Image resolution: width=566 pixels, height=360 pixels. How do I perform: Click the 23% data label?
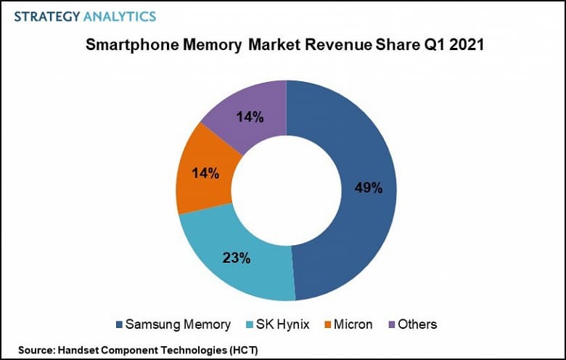click(x=237, y=257)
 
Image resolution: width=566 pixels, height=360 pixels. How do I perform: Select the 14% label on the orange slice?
click(x=205, y=174)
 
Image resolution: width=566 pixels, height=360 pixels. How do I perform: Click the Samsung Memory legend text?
click(x=178, y=324)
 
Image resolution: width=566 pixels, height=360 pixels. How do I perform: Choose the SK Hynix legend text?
click(x=284, y=324)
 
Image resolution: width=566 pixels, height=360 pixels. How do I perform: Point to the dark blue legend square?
click(x=118, y=324)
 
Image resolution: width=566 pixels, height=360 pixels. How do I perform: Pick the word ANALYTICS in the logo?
click(x=119, y=15)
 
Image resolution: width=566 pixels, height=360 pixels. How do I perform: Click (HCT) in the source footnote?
click(x=243, y=350)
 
